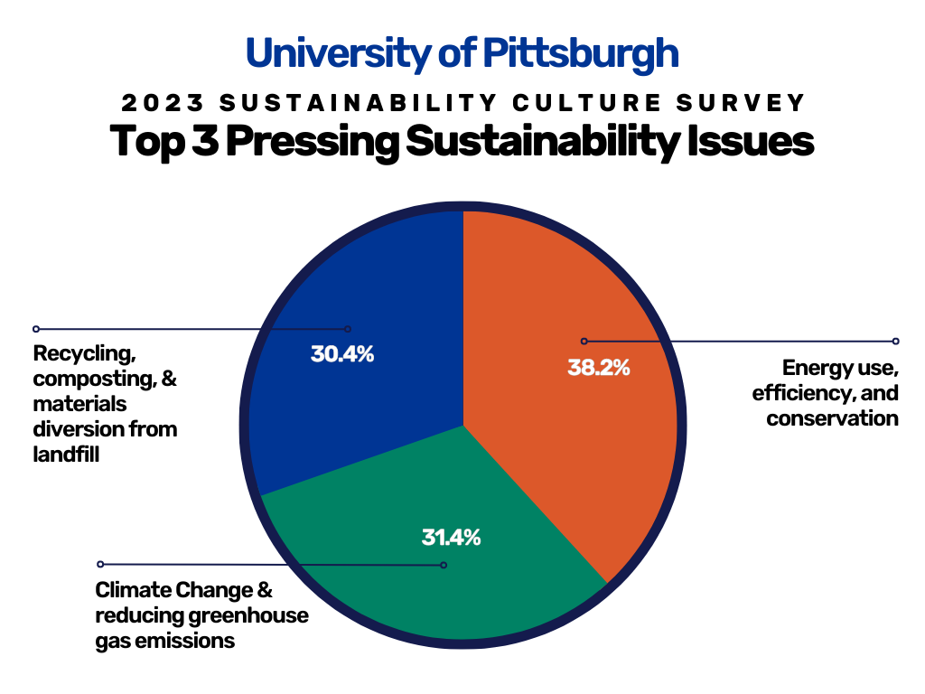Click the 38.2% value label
[x=599, y=368]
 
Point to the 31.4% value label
[x=452, y=537]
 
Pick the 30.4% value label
[x=342, y=353]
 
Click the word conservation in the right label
[x=832, y=418]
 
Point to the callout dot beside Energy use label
[x=895, y=342]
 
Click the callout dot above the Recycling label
[x=36, y=329]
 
